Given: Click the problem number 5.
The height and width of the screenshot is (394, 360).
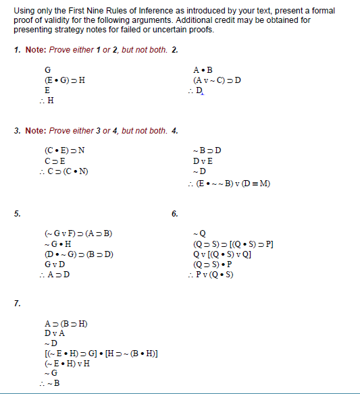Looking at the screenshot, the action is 16,215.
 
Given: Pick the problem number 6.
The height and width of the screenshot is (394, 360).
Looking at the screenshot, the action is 175,215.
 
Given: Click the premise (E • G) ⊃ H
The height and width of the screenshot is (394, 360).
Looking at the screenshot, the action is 64,80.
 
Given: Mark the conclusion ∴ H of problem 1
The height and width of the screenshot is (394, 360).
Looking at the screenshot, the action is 47,101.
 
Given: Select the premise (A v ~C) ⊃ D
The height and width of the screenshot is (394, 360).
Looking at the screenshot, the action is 217,80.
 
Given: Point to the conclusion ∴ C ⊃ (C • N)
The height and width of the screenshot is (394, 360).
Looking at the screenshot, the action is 65,171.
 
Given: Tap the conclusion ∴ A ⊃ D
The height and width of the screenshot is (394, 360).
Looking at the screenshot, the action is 55,274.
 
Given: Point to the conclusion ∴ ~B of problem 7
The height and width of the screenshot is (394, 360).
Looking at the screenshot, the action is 49,383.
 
